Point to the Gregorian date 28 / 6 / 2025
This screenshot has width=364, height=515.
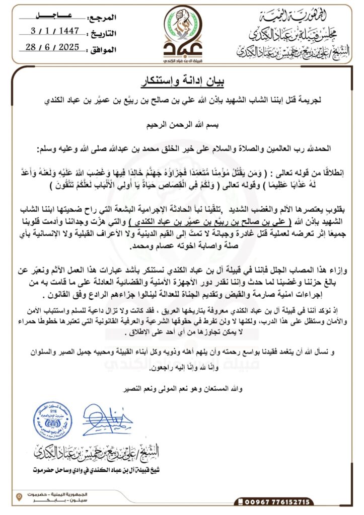coord(55,48)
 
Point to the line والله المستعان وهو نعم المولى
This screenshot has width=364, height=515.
coord(182,389)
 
